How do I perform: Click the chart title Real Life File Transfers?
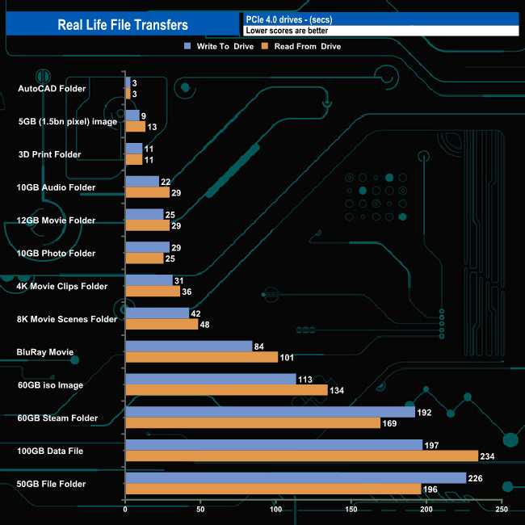[123, 25]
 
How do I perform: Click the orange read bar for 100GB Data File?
[301, 456]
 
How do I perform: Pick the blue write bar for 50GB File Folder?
[296, 478]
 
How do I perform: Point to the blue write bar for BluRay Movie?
[189, 346]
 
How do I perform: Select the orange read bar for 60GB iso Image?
[226, 390]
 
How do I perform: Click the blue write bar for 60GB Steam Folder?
[270, 412]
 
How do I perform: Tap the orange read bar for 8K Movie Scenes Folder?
[162, 324]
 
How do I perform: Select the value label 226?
[476, 478]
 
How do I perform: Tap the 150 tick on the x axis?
[351, 510]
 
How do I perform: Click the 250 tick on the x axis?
[502, 510]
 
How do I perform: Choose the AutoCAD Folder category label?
[51, 88]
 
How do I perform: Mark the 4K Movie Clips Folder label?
[61, 286]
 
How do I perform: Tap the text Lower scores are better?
[287, 31]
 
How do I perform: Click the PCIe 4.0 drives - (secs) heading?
[288, 19]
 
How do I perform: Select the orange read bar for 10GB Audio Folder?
[147, 192]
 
